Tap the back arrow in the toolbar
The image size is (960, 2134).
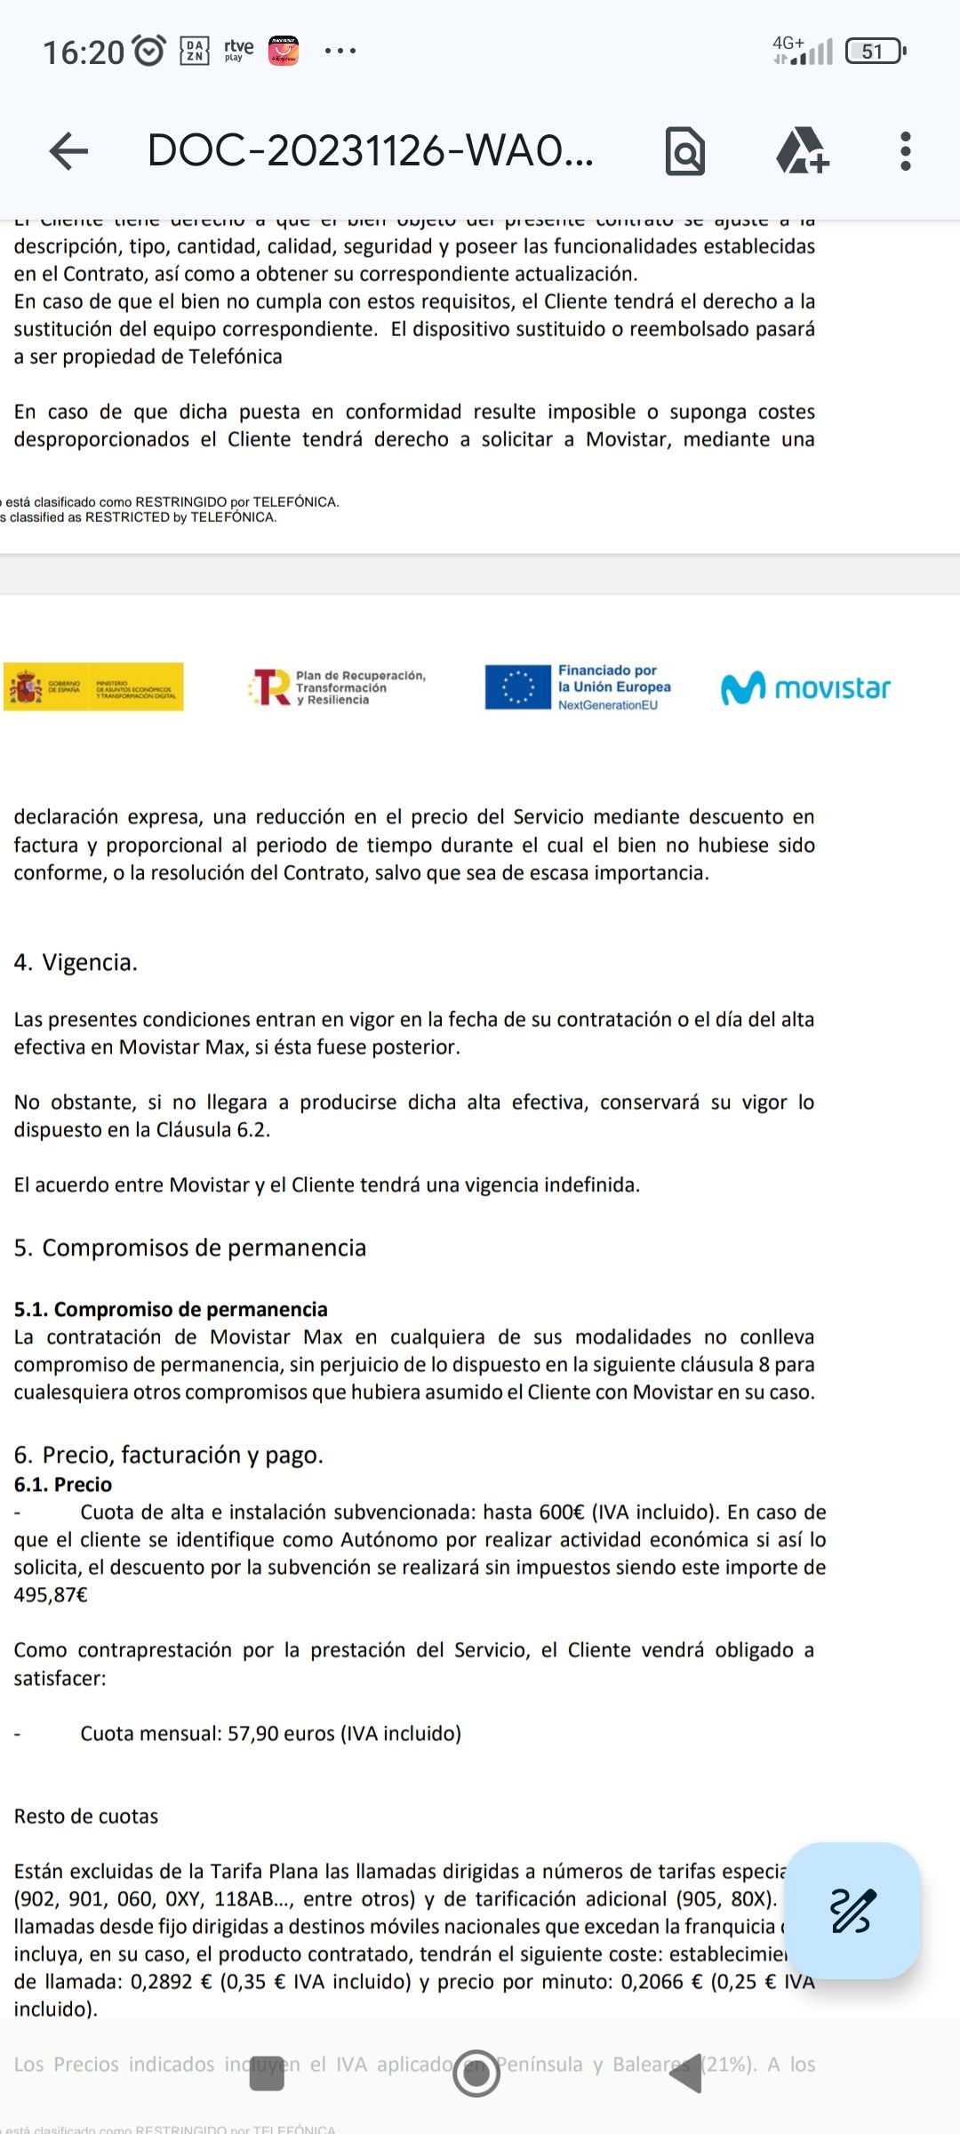(68, 151)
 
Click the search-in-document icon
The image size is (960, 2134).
(684, 151)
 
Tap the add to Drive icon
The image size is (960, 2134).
(802, 151)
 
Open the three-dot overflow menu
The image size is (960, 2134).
(905, 151)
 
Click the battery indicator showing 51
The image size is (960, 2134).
(875, 52)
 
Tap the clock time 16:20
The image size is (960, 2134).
(84, 52)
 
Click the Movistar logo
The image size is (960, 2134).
(805, 687)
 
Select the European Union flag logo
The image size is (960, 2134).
(517, 687)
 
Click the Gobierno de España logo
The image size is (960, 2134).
(93, 687)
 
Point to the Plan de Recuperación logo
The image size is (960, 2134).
(338, 687)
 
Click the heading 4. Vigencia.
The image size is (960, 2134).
(76, 963)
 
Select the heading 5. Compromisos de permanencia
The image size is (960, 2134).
(189, 1248)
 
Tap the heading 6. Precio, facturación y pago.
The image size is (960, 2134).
(168, 1455)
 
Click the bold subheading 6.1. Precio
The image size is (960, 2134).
(62, 1484)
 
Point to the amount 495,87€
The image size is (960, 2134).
(51, 1595)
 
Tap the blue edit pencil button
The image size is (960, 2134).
(852, 1911)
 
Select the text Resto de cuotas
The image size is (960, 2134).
(85, 1817)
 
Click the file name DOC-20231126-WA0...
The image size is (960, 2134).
(369, 151)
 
